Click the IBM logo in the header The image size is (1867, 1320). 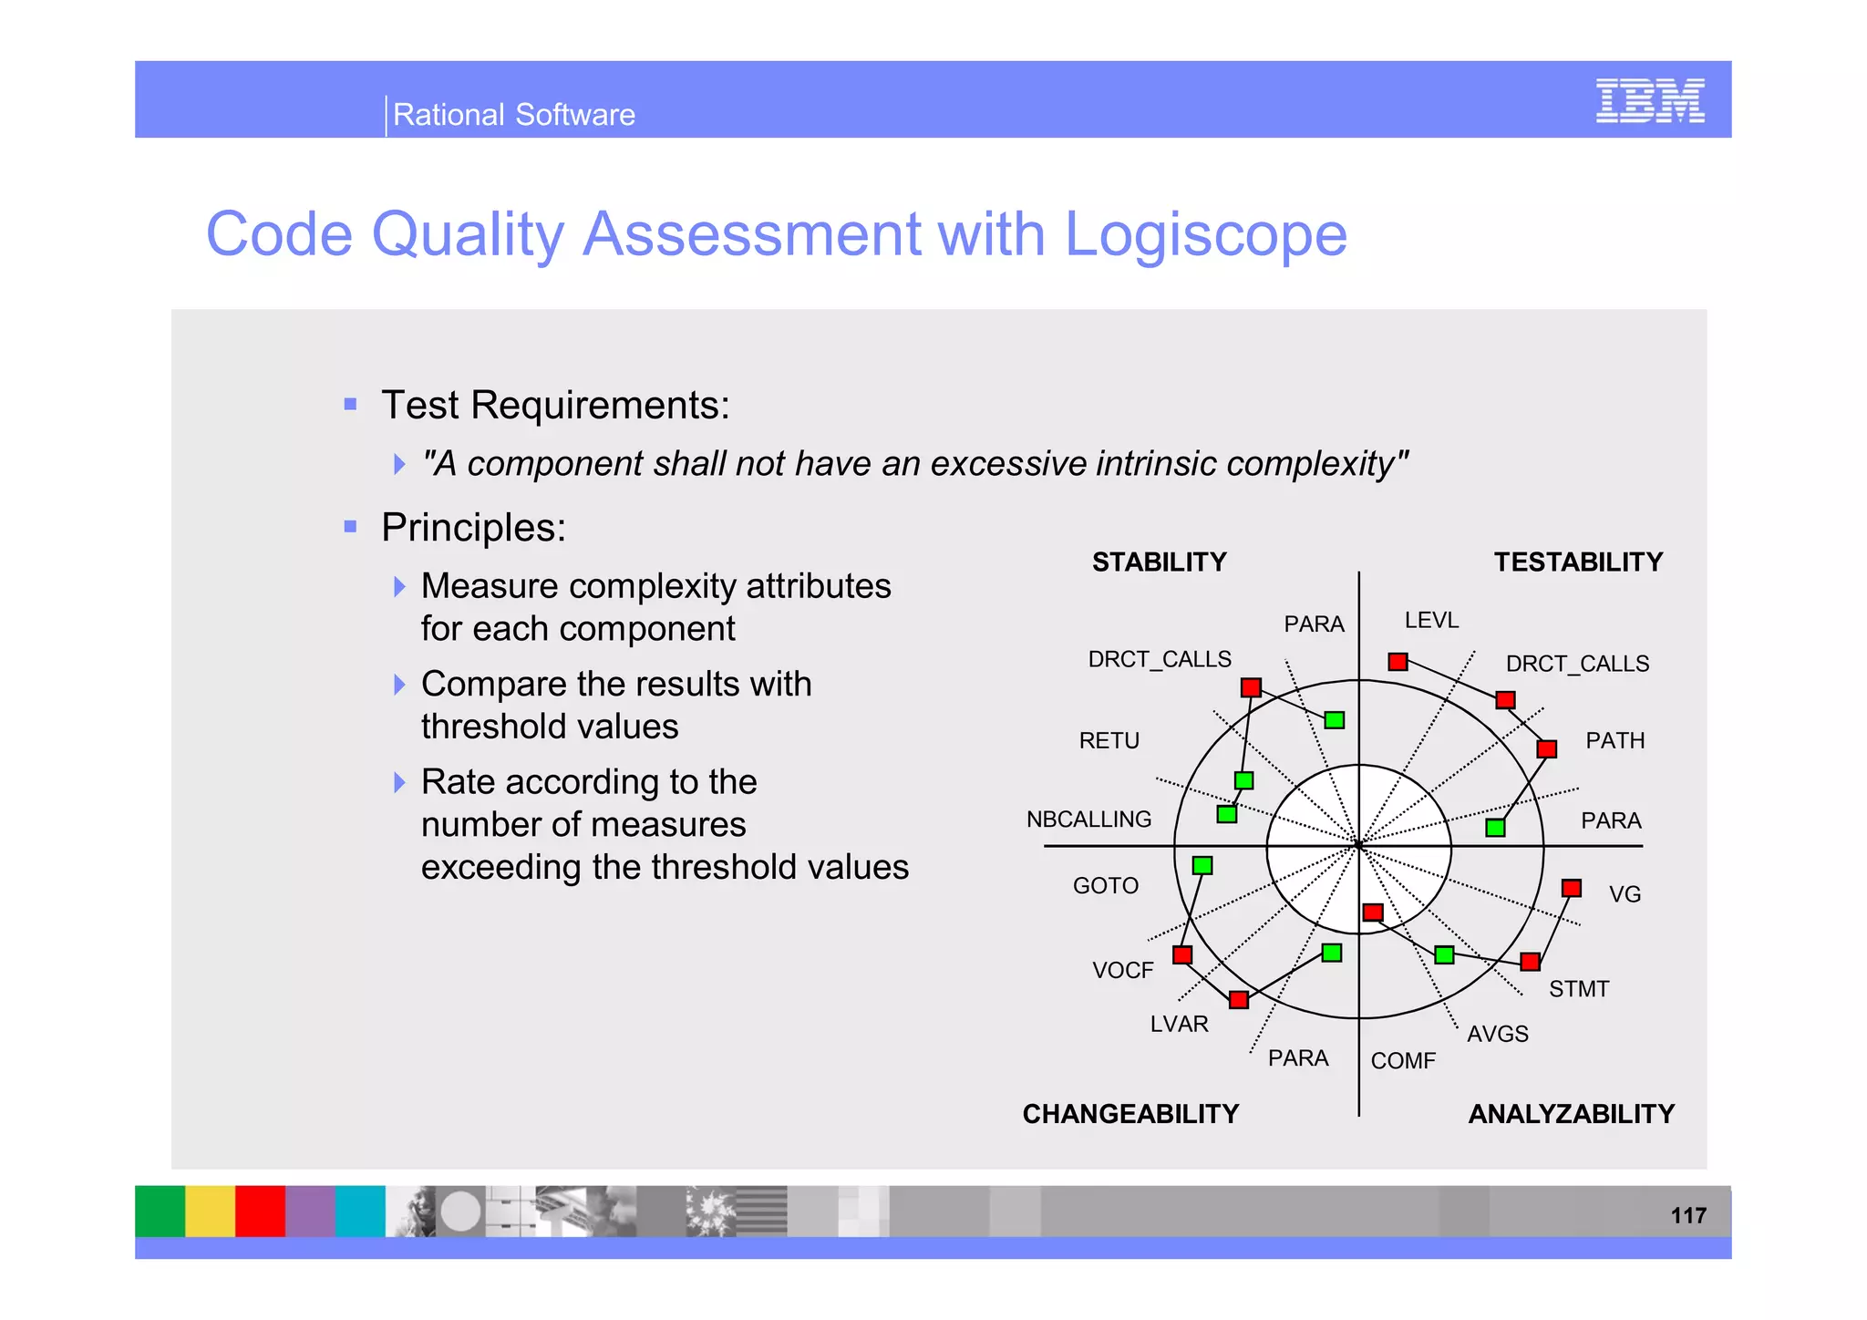click(x=1649, y=101)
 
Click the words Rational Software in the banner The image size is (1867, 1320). click(x=513, y=115)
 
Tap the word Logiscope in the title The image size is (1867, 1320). click(x=1205, y=234)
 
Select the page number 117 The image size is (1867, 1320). click(x=1687, y=1215)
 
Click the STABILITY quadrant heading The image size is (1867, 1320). click(x=1159, y=562)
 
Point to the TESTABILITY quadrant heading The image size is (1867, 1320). click(x=1577, y=562)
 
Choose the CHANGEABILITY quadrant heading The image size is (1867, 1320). click(x=1129, y=1114)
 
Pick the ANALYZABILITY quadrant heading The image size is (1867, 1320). click(x=1571, y=1114)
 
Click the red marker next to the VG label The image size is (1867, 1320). click(x=1571, y=888)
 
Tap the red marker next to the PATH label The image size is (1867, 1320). click(x=1546, y=749)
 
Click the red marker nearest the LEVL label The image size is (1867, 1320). click(x=1398, y=662)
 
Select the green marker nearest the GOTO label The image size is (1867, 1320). click(x=1202, y=865)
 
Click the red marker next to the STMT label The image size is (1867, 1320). click(x=1530, y=962)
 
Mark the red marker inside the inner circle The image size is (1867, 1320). click(x=1373, y=913)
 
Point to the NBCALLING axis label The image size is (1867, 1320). click(x=1088, y=820)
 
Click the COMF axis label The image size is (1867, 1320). click(x=1402, y=1061)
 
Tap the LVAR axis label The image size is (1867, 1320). click(x=1179, y=1025)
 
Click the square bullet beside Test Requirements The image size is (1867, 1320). click(x=350, y=404)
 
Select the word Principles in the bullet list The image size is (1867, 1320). click(x=472, y=528)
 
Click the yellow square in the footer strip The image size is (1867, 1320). click(x=210, y=1211)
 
